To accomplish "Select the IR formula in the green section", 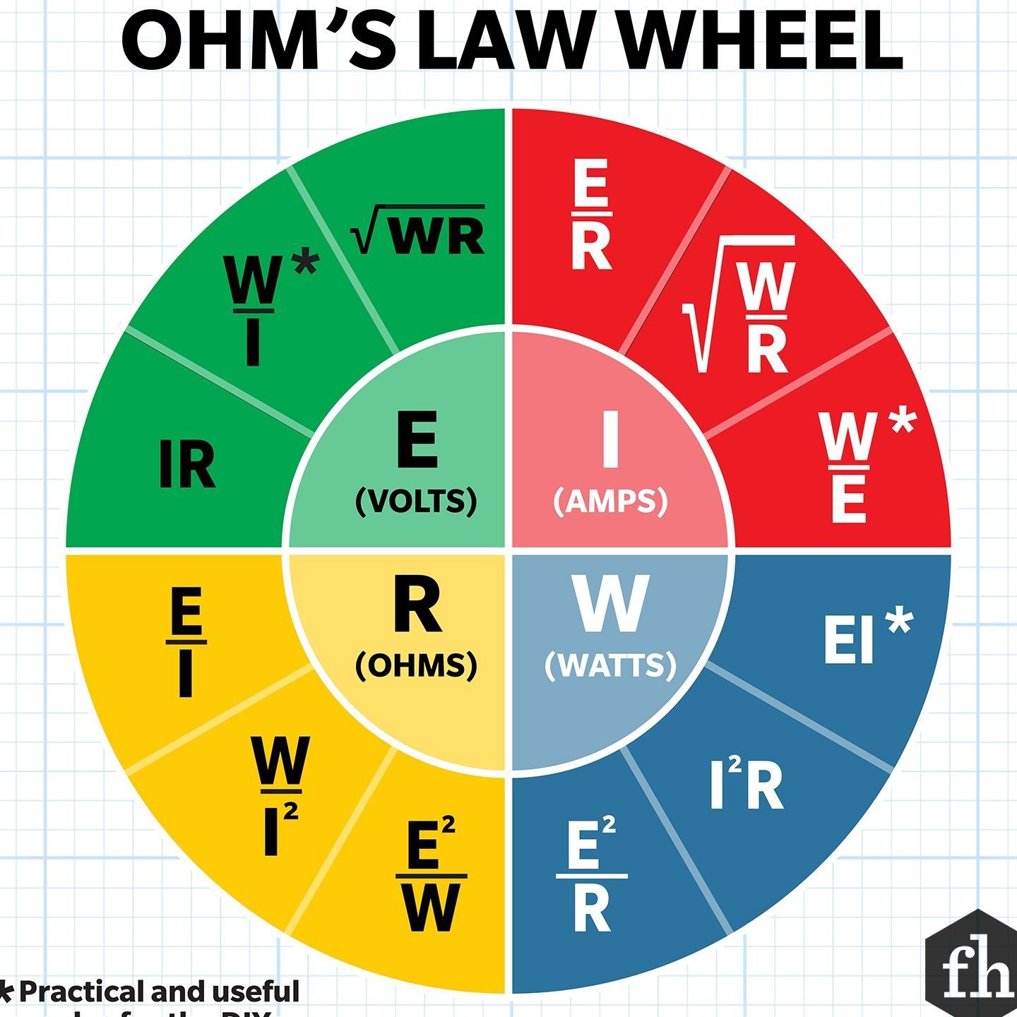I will tap(186, 464).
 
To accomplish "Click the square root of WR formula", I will tap(418, 231).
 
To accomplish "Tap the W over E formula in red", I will tap(850, 466).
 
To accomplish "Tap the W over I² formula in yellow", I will tap(277, 795).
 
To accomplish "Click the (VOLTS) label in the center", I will tap(417, 501).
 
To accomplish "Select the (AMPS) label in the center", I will tap(610, 501).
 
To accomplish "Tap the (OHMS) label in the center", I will tap(417, 665).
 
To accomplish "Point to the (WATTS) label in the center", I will tap(610, 665).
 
